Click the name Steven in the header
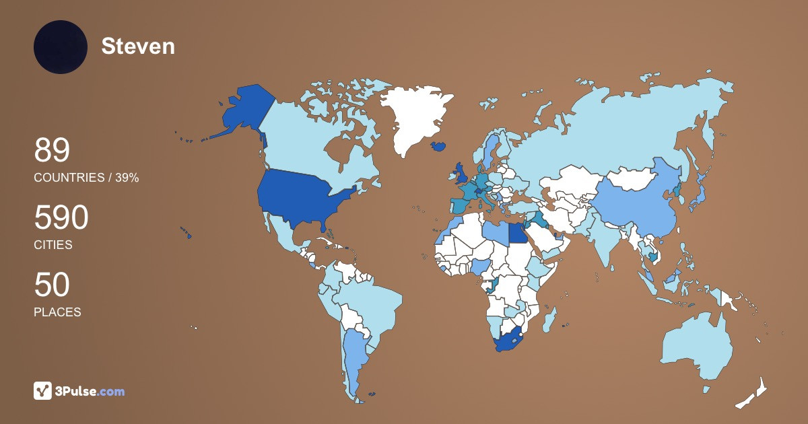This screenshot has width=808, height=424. (138, 46)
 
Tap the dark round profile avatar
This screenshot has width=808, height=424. (61, 47)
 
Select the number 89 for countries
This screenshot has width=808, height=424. (52, 150)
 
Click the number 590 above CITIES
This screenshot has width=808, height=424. (61, 218)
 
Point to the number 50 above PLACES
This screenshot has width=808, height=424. (52, 285)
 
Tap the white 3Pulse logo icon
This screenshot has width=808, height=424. (43, 391)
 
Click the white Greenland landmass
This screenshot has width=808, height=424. (414, 118)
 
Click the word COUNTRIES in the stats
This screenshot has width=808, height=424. (67, 178)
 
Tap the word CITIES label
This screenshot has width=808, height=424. (53, 245)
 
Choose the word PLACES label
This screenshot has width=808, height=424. (57, 312)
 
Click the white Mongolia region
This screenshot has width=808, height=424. (633, 179)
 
